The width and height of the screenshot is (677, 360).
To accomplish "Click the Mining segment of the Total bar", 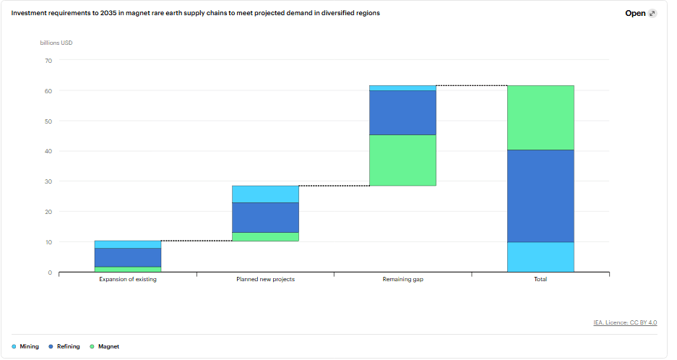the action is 540,257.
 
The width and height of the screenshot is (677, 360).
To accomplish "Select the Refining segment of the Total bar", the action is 540,196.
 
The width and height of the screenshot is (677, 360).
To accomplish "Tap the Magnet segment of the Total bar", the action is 540,118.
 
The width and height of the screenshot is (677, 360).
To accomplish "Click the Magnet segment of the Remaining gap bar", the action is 403,160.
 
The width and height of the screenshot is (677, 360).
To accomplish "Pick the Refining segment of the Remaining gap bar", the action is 403,113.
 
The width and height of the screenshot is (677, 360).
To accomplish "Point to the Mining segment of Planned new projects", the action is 266,194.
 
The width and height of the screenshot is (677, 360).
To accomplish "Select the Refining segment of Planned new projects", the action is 266,218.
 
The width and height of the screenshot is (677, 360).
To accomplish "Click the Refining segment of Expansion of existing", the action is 128,257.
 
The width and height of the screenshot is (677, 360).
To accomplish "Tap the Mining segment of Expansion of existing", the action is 128,244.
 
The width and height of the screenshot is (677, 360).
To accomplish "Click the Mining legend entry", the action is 25,346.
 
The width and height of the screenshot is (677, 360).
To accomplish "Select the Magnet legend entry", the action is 104,346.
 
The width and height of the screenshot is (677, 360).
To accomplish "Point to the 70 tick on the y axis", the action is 48,61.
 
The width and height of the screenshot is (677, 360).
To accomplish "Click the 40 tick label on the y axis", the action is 48,151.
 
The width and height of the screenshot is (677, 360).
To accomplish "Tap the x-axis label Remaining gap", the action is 403,279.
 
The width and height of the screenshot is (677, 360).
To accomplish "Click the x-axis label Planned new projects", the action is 266,279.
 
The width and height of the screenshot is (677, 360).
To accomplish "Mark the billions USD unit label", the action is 56,43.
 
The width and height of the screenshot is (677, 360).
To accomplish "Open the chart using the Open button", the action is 641,14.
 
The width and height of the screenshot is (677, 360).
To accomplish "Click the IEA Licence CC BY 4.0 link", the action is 625,322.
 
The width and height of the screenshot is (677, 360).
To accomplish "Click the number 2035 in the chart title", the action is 108,13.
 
